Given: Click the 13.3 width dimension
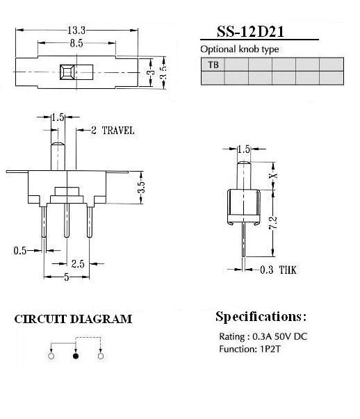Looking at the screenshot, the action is [76, 30].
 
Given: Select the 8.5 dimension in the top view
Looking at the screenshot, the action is [76, 43].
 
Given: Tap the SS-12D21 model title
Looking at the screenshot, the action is [250, 31].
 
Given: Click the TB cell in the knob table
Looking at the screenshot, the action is [213, 65].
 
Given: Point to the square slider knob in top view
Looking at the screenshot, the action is [67, 72].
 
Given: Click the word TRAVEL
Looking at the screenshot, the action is [118, 131].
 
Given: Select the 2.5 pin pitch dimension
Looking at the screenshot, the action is [78, 264].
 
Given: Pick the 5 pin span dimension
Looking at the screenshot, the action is [66, 277].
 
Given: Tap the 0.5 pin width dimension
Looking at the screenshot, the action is [20, 251].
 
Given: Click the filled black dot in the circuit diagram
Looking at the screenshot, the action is [76, 356].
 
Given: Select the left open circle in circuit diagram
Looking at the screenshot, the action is [51, 356].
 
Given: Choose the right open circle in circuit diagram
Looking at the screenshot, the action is [101, 356].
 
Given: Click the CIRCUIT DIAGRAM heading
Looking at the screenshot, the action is [73, 319].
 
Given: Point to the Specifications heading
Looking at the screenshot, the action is [261, 317].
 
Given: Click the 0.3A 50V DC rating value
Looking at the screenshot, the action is [280, 336].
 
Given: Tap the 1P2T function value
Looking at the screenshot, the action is [270, 349].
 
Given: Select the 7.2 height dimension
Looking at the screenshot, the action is [273, 223].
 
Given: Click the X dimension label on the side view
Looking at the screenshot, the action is [273, 176].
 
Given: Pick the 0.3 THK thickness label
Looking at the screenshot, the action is [278, 270].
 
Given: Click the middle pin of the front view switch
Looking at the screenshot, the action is [67, 220].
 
